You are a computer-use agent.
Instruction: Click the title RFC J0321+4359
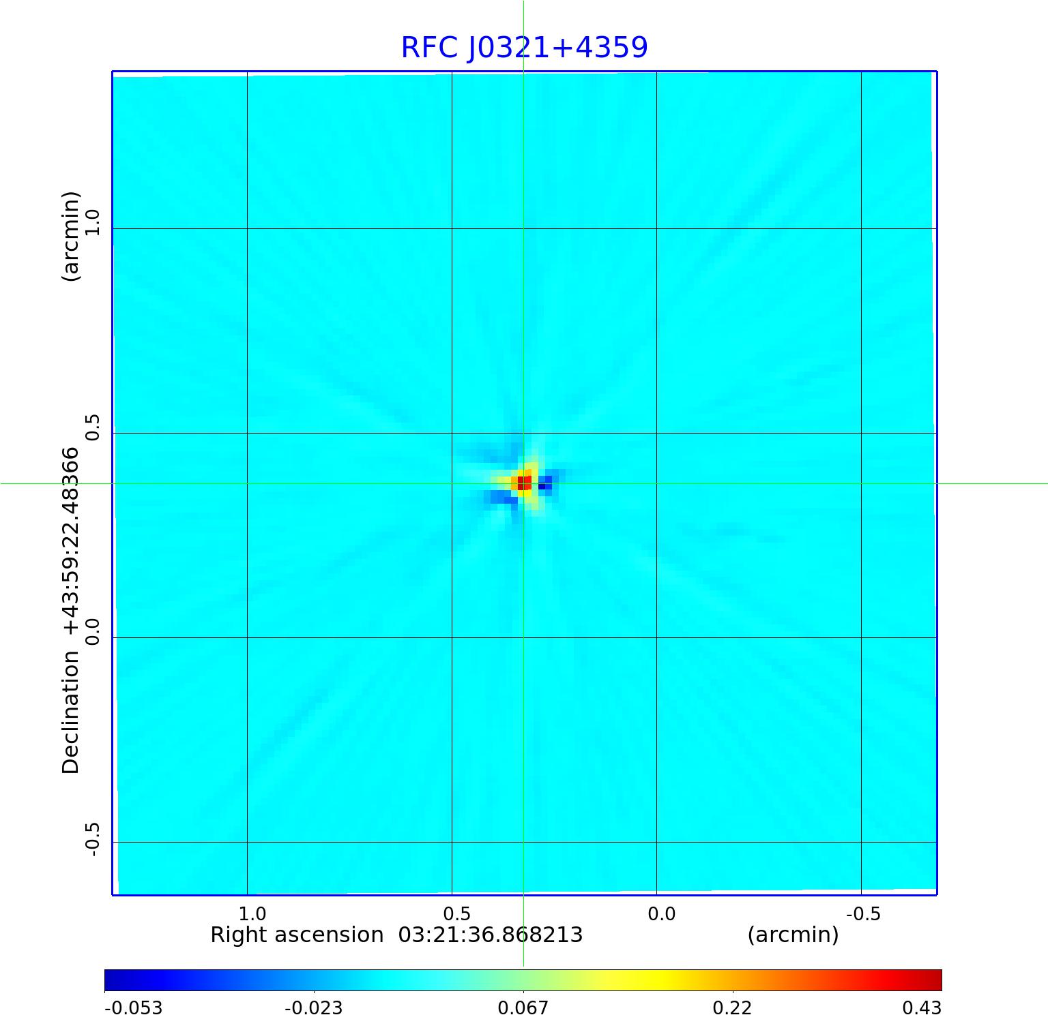tap(524, 48)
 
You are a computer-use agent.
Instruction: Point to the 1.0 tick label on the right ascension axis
tap(252, 913)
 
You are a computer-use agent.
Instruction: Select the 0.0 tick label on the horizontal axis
tap(661, 913)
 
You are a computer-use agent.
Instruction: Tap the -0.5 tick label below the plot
tap(863, 913)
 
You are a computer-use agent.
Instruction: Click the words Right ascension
tap(297, 935)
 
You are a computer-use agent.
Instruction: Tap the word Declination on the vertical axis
tap(71, 712)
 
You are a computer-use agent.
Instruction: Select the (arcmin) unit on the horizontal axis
tap(793, 935)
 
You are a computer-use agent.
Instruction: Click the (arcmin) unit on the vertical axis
tap(71, 237)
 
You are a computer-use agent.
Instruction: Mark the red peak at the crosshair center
tap(523, 483)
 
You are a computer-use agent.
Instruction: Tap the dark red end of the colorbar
tap(935, 980)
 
